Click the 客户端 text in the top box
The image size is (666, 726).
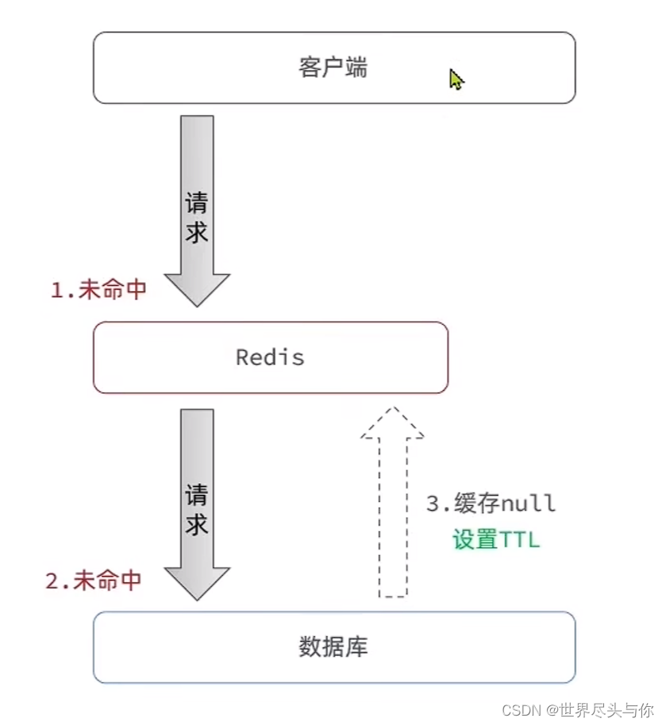[x=333, y=68]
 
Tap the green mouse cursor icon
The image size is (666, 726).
[x=456, y=79]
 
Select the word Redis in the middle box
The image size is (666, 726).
[x=270, y=357]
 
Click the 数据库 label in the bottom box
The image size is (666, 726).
[x=333, y=647]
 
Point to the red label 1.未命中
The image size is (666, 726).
[x=99, y=290]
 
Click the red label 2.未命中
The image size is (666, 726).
[x=94, y=581]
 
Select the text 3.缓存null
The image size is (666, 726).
[x=491, y=504]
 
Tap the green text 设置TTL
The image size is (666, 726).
[x=496, y=540]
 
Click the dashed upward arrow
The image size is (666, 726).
[x=392, y=508]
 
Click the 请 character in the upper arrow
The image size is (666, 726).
[x=197, y=203]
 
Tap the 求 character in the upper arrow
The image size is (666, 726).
[x=197, y=232]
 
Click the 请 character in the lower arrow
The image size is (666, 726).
[x=197, y=496]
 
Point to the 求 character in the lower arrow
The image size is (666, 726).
[x=197, y=525]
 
